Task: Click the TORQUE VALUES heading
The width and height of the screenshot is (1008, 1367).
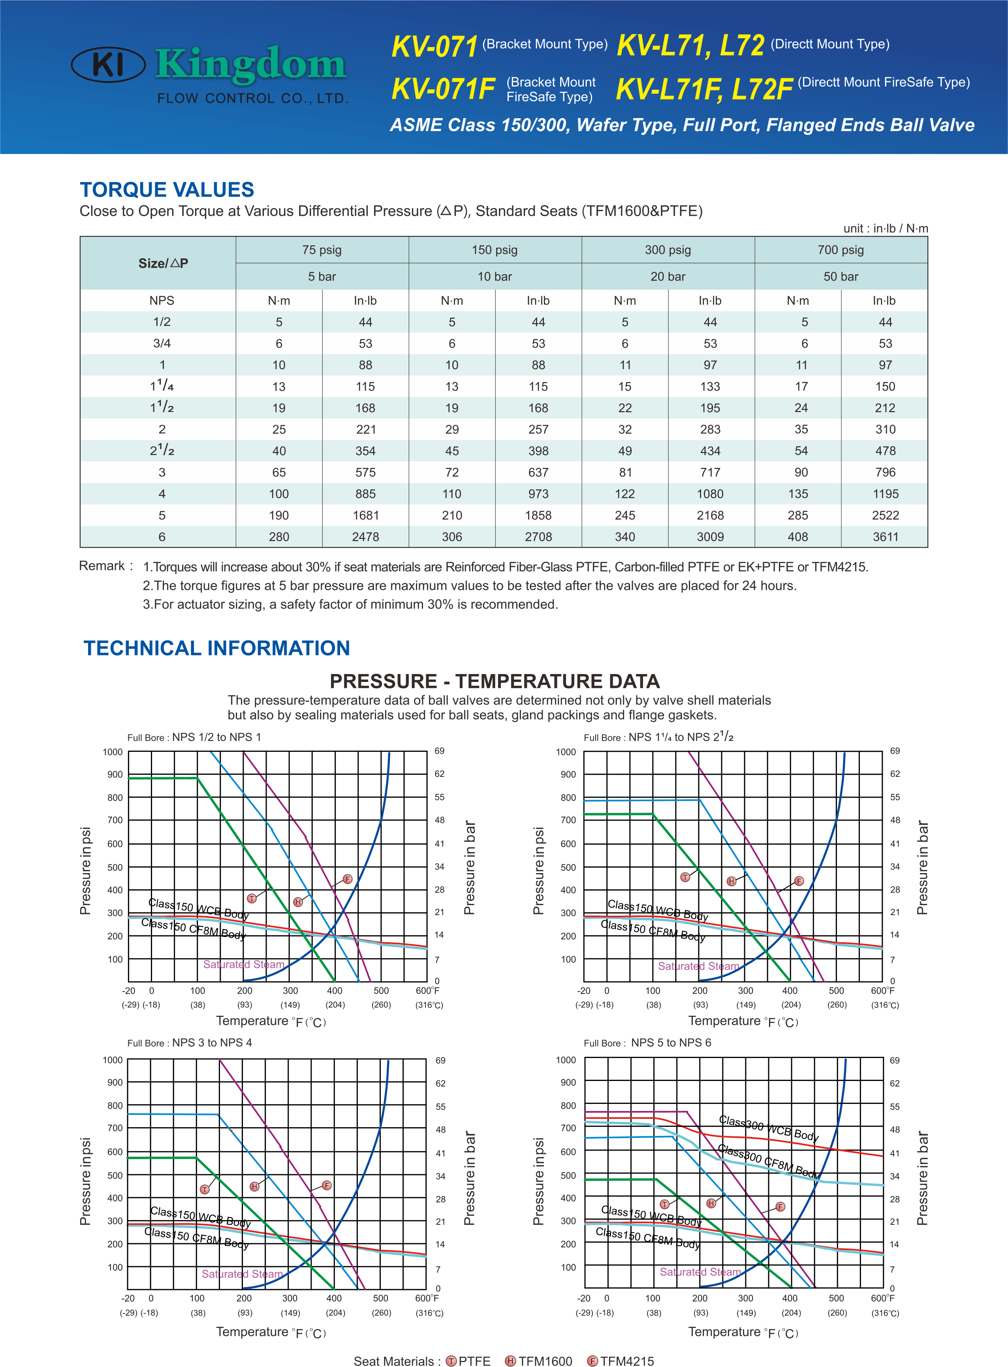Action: (x=167, y=190)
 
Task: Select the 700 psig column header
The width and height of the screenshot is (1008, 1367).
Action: (x=841, y=250)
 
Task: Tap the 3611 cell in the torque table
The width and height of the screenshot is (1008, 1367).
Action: (x=885, y=537)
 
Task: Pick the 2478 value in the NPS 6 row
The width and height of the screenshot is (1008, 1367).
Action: (x=365, y=537)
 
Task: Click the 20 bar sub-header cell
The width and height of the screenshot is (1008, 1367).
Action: (x=668, y=277)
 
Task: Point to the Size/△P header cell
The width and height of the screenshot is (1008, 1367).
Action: (x=163, y=263)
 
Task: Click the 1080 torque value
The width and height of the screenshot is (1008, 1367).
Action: (x=710, y=494)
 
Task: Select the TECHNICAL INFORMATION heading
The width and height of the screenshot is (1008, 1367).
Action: (x=216, y=648)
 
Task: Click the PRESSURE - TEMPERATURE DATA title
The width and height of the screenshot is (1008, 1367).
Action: (x=495, y=681)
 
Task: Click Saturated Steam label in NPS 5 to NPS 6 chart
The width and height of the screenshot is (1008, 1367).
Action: (x=700, y=1272)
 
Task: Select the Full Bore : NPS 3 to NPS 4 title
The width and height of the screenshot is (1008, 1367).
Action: (x=190, y=1042)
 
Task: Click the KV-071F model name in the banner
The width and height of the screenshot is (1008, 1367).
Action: (x=443, y=89)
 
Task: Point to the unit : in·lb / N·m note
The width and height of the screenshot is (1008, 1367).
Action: (x=885, y=228)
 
